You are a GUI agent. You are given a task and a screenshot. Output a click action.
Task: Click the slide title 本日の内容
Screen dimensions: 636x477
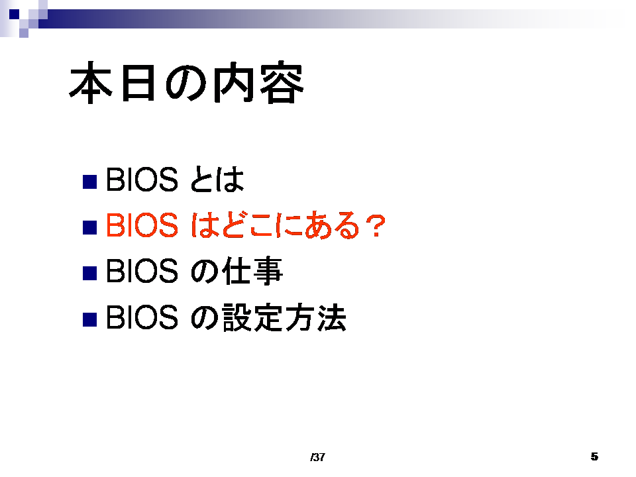click(x=187, y=83)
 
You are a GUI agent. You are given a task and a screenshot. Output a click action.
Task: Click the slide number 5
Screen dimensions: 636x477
click(x=594, y=456)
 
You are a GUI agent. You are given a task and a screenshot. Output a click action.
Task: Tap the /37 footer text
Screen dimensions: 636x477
click(x=317, y=457)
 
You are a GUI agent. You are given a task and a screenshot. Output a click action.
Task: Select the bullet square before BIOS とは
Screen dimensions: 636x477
click(x=89, y=182)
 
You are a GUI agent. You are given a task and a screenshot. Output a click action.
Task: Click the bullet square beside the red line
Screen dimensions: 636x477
click(x=89, y=227)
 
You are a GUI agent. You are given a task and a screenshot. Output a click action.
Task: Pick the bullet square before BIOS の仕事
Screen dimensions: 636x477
click(x=89, y=273)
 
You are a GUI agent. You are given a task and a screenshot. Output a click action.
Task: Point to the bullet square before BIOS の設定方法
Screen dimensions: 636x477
click(x=89, y=319)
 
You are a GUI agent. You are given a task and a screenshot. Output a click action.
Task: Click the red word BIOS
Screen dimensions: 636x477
click(x=142, y=225)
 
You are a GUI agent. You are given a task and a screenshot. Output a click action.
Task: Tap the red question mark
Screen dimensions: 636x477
click(x=375, y=225)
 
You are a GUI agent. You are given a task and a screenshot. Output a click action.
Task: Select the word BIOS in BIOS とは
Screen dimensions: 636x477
click(x=142, y=180)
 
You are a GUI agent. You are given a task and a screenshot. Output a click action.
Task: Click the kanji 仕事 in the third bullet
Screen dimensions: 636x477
click(x=252, y=270)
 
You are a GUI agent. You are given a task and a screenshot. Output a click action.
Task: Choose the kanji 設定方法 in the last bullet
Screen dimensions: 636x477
click(x=284, y=317)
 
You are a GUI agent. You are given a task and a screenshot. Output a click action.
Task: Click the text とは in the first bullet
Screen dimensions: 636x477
click(x=217, y=180)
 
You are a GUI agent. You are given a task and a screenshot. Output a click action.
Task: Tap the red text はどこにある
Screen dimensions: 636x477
click(x=274, y=225)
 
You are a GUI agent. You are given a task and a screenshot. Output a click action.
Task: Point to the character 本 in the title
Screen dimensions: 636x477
click(x=91, y=83)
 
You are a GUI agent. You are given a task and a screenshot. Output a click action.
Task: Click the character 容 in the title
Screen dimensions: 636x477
click(x=282, y=83)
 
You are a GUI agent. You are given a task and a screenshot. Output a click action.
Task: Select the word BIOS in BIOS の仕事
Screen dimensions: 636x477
click(x=142, y=270)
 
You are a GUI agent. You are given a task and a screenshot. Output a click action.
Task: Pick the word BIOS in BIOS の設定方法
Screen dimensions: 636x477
click(x=142, y=317)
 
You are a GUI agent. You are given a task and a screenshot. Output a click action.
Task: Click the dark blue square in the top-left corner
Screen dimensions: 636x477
click(x=14, y=15)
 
